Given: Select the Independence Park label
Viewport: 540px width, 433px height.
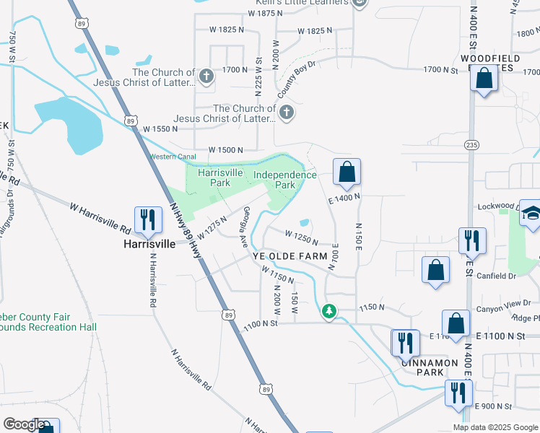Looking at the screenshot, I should pos(284,180).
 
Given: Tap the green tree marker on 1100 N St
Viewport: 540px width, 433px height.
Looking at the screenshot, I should pos(328,311).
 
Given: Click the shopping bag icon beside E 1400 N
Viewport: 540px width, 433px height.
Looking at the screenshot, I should pos(347,172).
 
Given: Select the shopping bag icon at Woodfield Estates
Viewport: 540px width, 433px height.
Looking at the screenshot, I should pos(484,78).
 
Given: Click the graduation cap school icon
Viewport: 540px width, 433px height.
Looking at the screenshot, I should pos(531,214).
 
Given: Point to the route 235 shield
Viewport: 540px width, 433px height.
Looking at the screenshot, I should pos(471,144).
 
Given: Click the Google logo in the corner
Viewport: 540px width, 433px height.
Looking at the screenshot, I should pos(23,424).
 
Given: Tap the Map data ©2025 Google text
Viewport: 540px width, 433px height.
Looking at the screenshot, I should pos(495,427).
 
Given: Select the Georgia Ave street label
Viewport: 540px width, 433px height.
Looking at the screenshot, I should pos(247,223).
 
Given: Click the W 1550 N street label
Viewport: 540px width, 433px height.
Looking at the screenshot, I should pos(160,128).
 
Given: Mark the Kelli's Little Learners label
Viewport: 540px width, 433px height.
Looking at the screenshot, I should pos(312,3).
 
